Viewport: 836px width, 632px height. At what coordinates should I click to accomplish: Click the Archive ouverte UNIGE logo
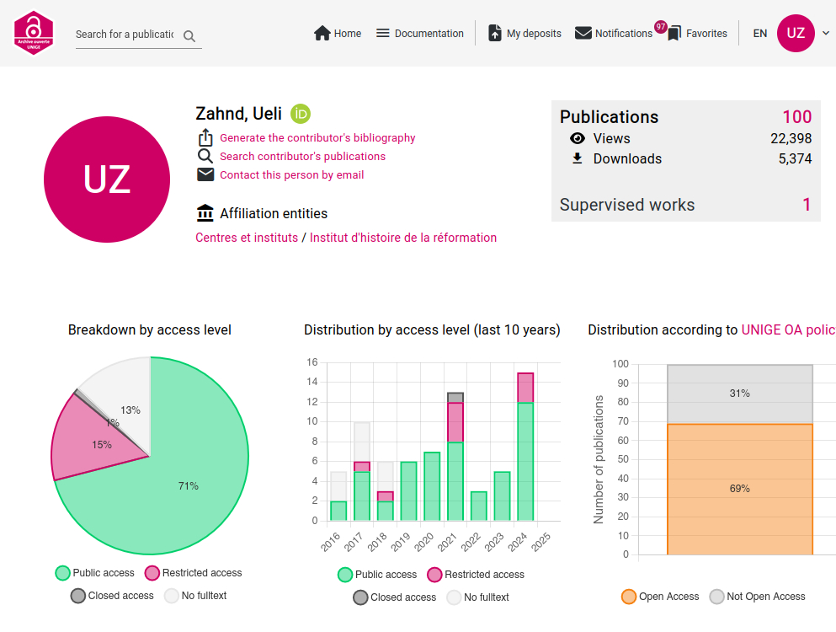coord(34,34)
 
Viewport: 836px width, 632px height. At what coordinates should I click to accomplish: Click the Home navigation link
coord(338,34)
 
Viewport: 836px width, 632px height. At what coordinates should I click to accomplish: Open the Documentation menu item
coord(419,34)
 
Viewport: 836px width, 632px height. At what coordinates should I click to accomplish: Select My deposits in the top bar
coord(524,34)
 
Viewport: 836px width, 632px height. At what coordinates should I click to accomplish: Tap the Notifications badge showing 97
coord(660,27)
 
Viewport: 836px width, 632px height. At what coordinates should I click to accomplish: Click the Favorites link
coord(697,34)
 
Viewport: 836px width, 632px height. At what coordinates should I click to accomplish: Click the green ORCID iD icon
coord(301,114)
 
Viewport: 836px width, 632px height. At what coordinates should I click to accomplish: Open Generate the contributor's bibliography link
coord(317,138)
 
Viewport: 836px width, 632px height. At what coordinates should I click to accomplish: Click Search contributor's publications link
coord(302,157)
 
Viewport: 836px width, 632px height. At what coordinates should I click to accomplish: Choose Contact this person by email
coord(291,175)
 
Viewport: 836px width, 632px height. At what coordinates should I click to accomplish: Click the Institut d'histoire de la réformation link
coord(403,238)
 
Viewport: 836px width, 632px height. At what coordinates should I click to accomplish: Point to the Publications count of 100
coord(796,117)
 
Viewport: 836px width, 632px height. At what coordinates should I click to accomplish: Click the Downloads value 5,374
coord(795,158)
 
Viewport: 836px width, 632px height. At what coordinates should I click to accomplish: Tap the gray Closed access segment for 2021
coord(455,398)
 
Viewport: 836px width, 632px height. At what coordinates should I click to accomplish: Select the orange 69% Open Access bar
coord(740,489)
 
